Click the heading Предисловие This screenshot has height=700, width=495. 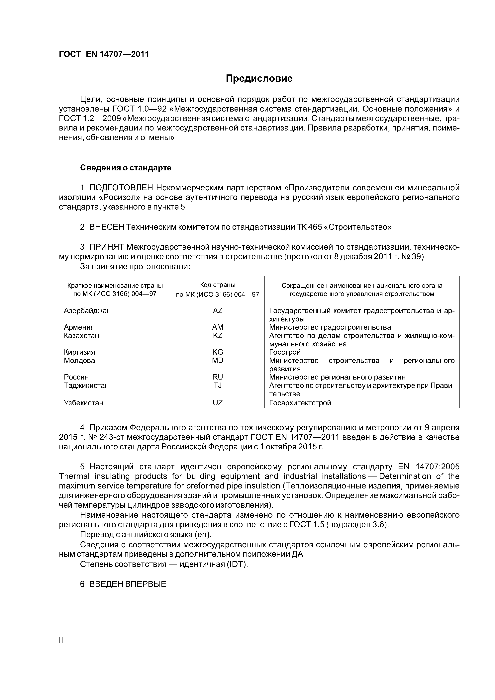(x=259, y=79)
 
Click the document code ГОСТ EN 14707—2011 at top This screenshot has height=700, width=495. (x=104, y=54)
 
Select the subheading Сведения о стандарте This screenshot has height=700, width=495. (x=126, y=168)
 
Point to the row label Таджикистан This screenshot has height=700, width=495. (x=86, y=386)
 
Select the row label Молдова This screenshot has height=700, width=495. (x=79, y=361)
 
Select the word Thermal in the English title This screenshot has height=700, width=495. (x=74, y=476)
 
